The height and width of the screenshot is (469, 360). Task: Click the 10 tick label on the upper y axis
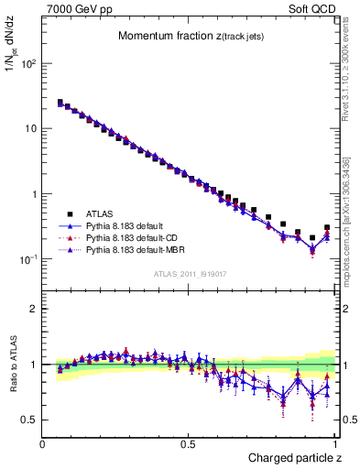point(30,129)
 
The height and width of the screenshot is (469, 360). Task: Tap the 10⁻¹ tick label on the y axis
point(27,259)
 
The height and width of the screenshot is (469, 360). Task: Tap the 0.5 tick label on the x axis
point(189,444)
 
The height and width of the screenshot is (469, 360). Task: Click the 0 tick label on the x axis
point(43,444)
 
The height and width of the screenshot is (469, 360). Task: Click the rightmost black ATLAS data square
point(327,228)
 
